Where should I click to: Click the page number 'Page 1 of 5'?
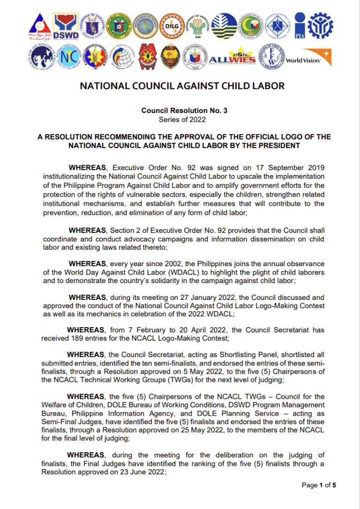[319, 485]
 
